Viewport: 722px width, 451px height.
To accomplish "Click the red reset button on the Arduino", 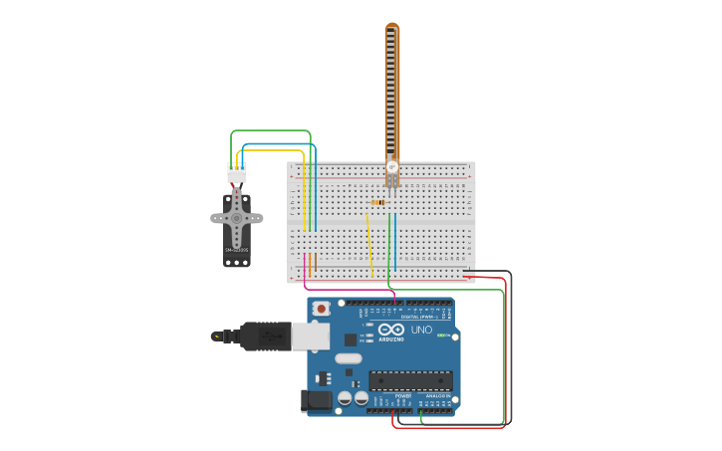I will pos(321,310).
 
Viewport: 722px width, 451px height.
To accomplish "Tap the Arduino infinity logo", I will pos(391,330).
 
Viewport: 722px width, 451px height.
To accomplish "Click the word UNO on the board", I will pos(421,330).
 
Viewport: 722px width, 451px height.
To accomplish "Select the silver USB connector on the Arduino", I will pos(310,337).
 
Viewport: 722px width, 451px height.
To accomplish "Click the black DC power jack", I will pos(316,401).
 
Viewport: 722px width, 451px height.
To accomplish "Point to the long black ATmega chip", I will pos(410,380).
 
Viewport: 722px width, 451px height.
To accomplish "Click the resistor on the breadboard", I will pos(378,203).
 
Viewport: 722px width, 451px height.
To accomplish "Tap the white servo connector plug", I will pos(237,172).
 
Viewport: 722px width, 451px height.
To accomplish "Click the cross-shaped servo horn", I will pos(237,217).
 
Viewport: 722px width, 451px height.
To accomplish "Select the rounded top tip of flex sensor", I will pos(392,28).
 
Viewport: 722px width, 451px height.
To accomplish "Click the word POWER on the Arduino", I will pos(403,395).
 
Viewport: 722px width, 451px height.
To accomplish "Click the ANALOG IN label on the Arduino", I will pos(437,395).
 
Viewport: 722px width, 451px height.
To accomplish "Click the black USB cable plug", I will pos(265,337).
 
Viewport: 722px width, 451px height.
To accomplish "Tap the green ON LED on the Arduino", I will pos(440,336).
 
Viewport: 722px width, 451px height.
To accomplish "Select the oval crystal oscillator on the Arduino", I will pos(348,358).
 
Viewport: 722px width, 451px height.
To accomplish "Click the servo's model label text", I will pos(236,250).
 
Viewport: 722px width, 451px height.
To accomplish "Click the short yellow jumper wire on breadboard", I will pos(368,245).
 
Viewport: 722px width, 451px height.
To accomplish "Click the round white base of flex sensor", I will pos(392,166).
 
